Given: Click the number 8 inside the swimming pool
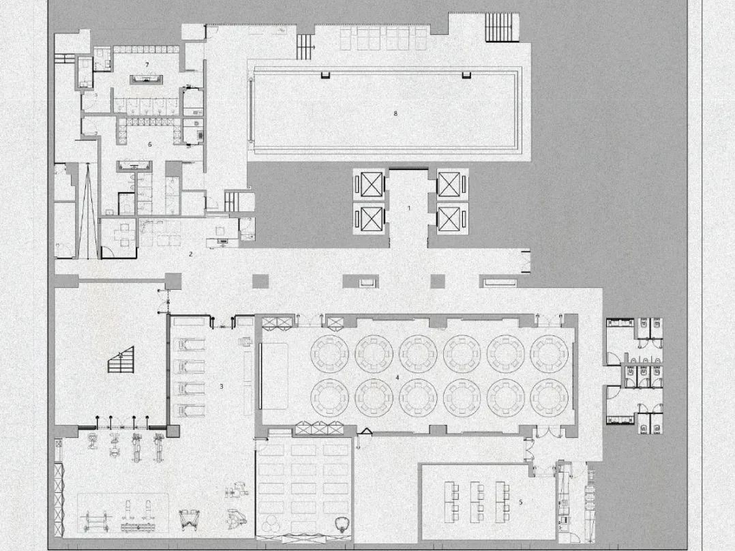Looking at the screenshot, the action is (395, 113).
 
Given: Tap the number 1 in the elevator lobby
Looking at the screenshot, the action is (409, 208).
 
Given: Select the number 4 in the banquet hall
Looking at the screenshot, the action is (397, 377).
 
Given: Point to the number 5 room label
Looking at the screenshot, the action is (520, 502).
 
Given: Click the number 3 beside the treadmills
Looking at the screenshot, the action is (222, 387).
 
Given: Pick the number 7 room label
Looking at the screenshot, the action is (147, 64).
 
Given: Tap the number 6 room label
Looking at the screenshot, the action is (150, 145).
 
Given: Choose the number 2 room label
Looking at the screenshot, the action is (191, 254).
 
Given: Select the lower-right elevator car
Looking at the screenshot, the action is (449, 219).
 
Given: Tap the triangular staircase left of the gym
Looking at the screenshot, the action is (121, 359).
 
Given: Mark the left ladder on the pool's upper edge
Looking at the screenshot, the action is (325, 74).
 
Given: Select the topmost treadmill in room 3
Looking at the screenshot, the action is (190, 344).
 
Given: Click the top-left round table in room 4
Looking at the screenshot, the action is (329, 353).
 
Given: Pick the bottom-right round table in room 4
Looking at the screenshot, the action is (550, 397).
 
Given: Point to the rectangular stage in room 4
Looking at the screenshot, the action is (274, 376).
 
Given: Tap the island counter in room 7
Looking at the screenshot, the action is (147, 79).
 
